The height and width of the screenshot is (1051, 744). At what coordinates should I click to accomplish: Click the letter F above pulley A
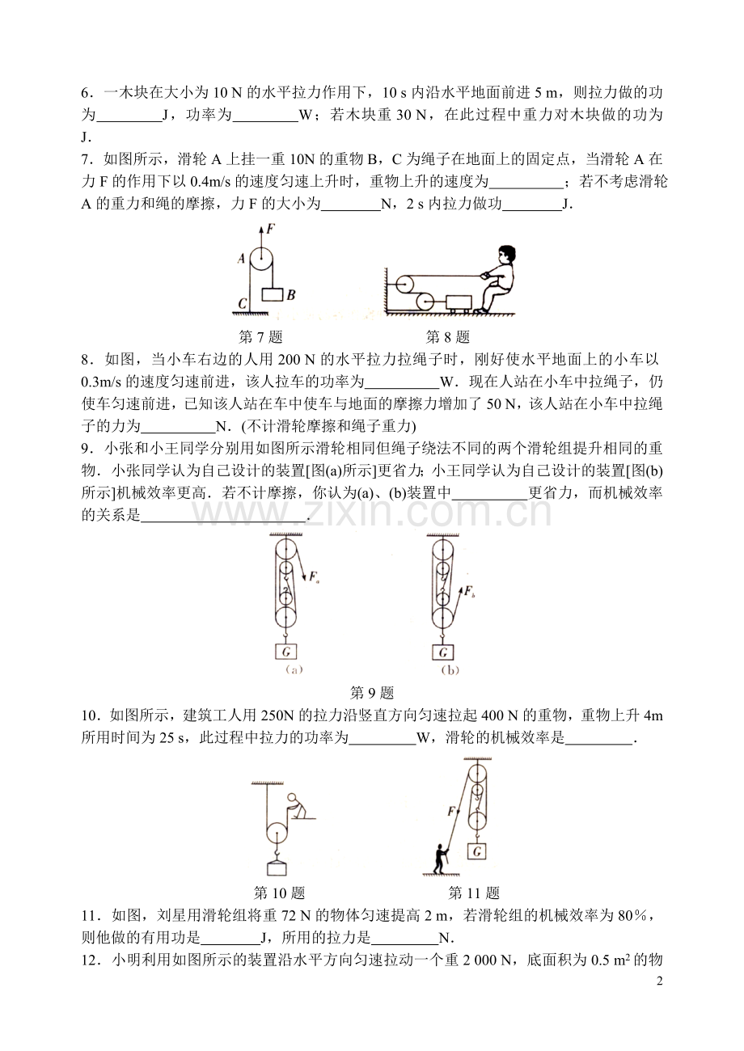click(x=273, y=230)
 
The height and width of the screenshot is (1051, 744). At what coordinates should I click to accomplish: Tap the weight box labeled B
click(x=272, y=295)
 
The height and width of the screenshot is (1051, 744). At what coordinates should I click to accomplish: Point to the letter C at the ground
click(x=242, y=304)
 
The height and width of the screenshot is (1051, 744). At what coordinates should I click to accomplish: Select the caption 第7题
click(x=260, y=337)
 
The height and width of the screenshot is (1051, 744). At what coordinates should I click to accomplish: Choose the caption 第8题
click(x=448, y=337)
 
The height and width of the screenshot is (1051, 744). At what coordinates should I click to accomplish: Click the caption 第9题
click(x=371, y=692)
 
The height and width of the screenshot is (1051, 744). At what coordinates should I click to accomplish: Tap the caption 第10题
click(x=279, y=893)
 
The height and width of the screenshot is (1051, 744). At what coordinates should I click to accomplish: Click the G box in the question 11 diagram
click(x=479, y=851)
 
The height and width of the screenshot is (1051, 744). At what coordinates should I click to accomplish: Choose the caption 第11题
click(x=474, y=893)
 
